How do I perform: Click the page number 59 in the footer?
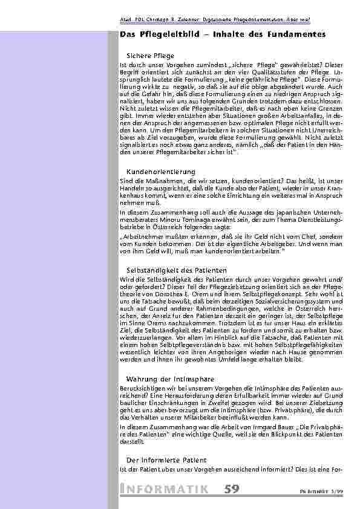[x=231, y=489]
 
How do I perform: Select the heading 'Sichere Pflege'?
[x=150, y=56]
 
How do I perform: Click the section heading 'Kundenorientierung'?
[x=160, y=172]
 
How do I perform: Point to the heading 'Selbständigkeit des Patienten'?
[x=176, y=269]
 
